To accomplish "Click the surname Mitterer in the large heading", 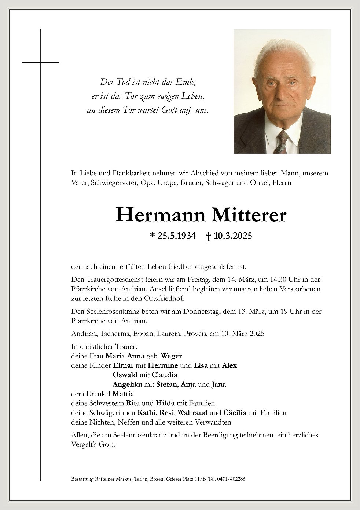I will point(249,215).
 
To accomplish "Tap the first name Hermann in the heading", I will point(161,215).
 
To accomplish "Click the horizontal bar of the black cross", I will point(40,63).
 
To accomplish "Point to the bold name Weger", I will point(171,356).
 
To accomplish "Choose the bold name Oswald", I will point(125,375).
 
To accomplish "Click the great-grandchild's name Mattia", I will point(123,394).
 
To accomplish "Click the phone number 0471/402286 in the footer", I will point(232,479).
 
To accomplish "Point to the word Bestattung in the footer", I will point(81,479).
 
